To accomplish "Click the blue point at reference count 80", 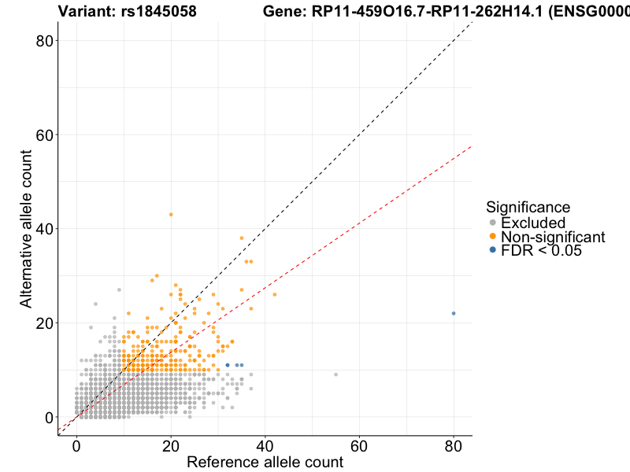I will click(454, 313).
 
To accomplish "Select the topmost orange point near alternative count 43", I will click(171, 214).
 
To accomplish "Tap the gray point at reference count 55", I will click(336, 374).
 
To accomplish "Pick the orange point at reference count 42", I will click(275, 294).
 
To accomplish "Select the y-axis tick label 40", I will click(46, 229).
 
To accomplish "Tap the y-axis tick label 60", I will click(46, 135).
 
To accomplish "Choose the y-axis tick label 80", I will click(46, 41).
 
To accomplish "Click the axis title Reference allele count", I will click(265, 462).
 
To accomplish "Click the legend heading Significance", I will click(528, 207).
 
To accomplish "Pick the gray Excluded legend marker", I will click(493, 223).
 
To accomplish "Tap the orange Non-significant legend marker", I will click(493, 237).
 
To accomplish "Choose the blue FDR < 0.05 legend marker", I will click(493, 250).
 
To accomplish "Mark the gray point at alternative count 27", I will click(119, 289).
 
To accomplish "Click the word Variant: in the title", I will click(88, 11).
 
